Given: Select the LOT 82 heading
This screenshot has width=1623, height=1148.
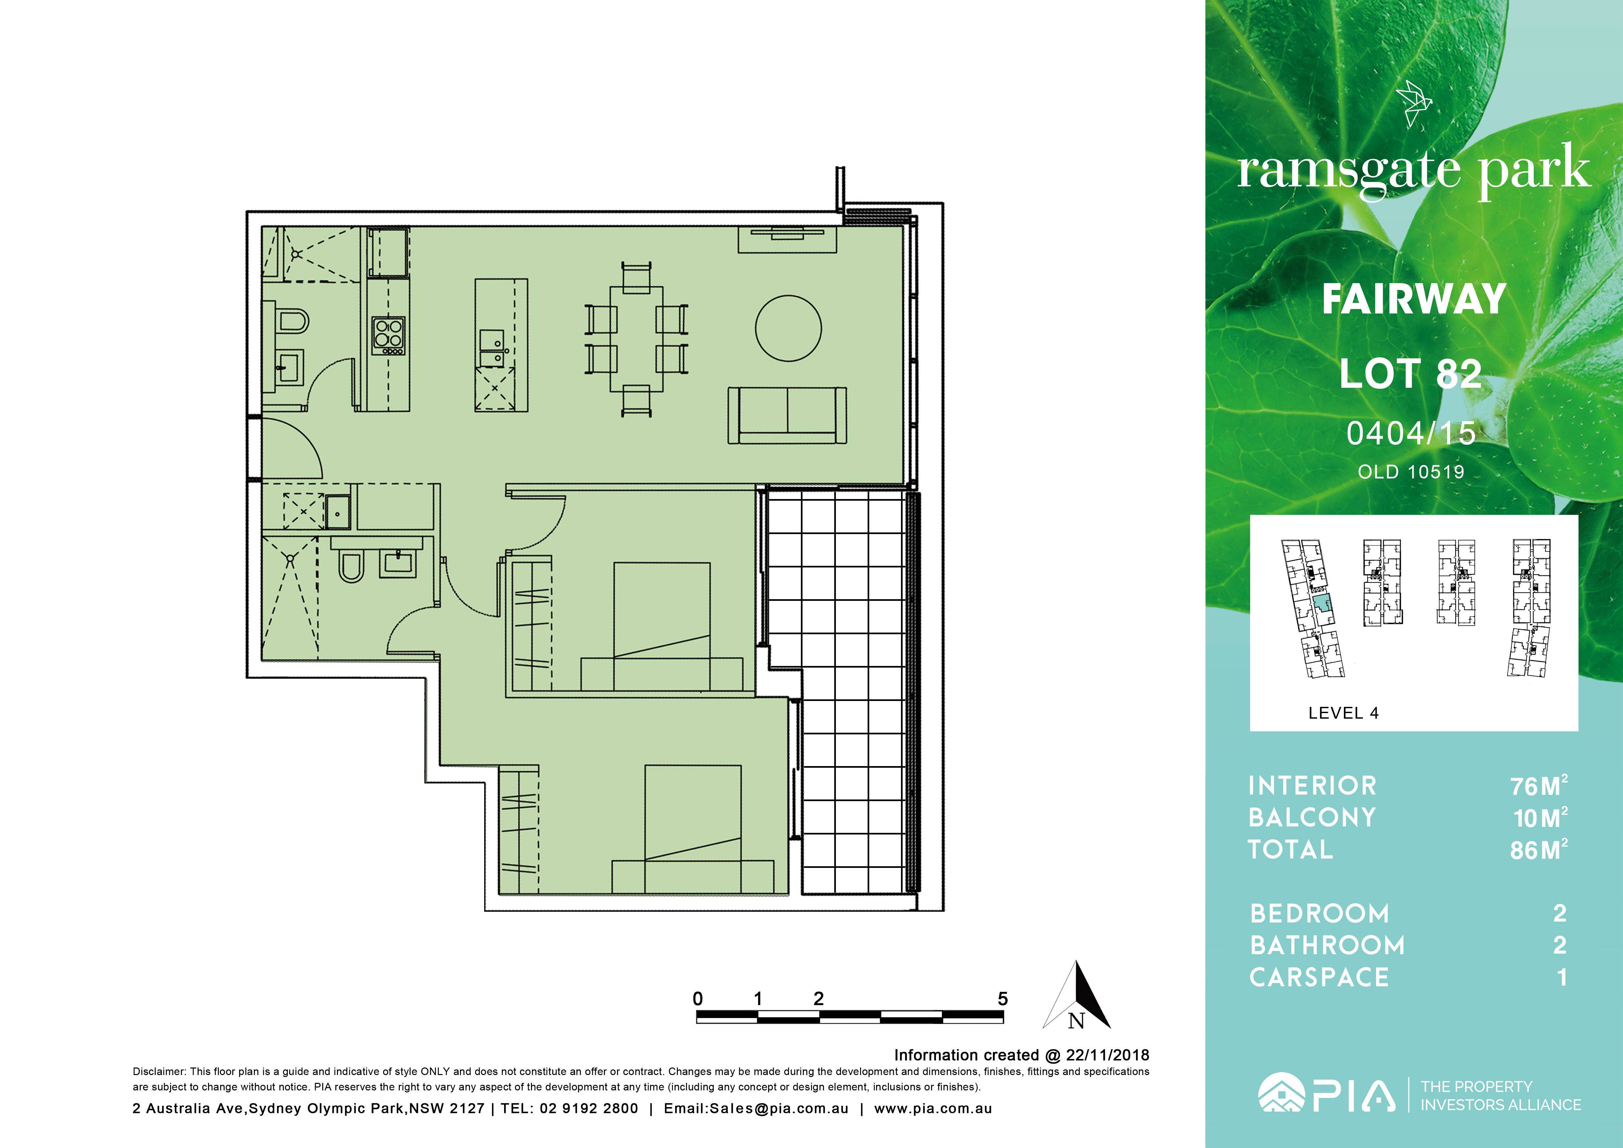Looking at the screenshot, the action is (x=1411, y=374).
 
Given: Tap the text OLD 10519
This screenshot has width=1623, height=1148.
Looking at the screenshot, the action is (x=1411, y=472).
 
